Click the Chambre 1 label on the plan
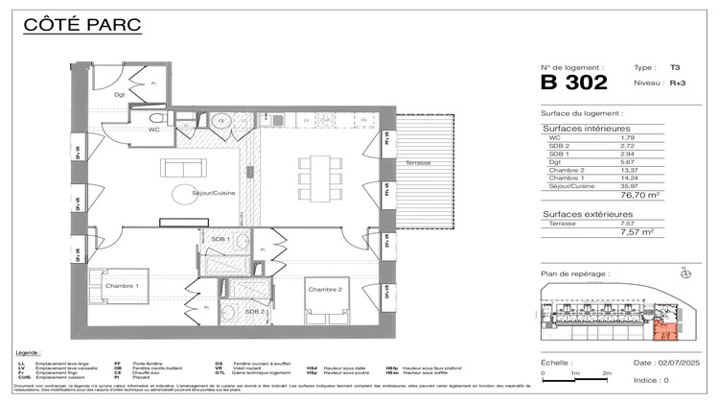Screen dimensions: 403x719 click(123, 286)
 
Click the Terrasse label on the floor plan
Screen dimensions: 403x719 click(417, 163)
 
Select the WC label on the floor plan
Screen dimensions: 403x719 click(153, 130)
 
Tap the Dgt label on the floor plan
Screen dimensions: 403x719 click(121, 94)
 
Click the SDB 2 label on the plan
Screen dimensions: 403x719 click(253, 311)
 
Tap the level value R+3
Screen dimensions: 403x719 click(678, 83)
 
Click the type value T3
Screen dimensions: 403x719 click(675, 68)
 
